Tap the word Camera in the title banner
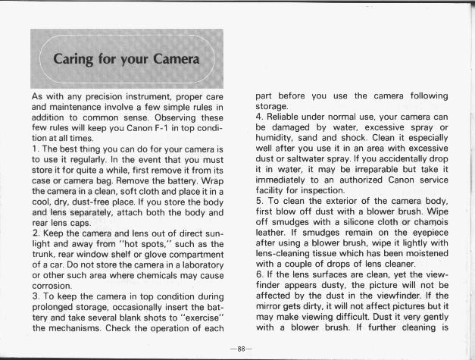pos(173,58)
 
